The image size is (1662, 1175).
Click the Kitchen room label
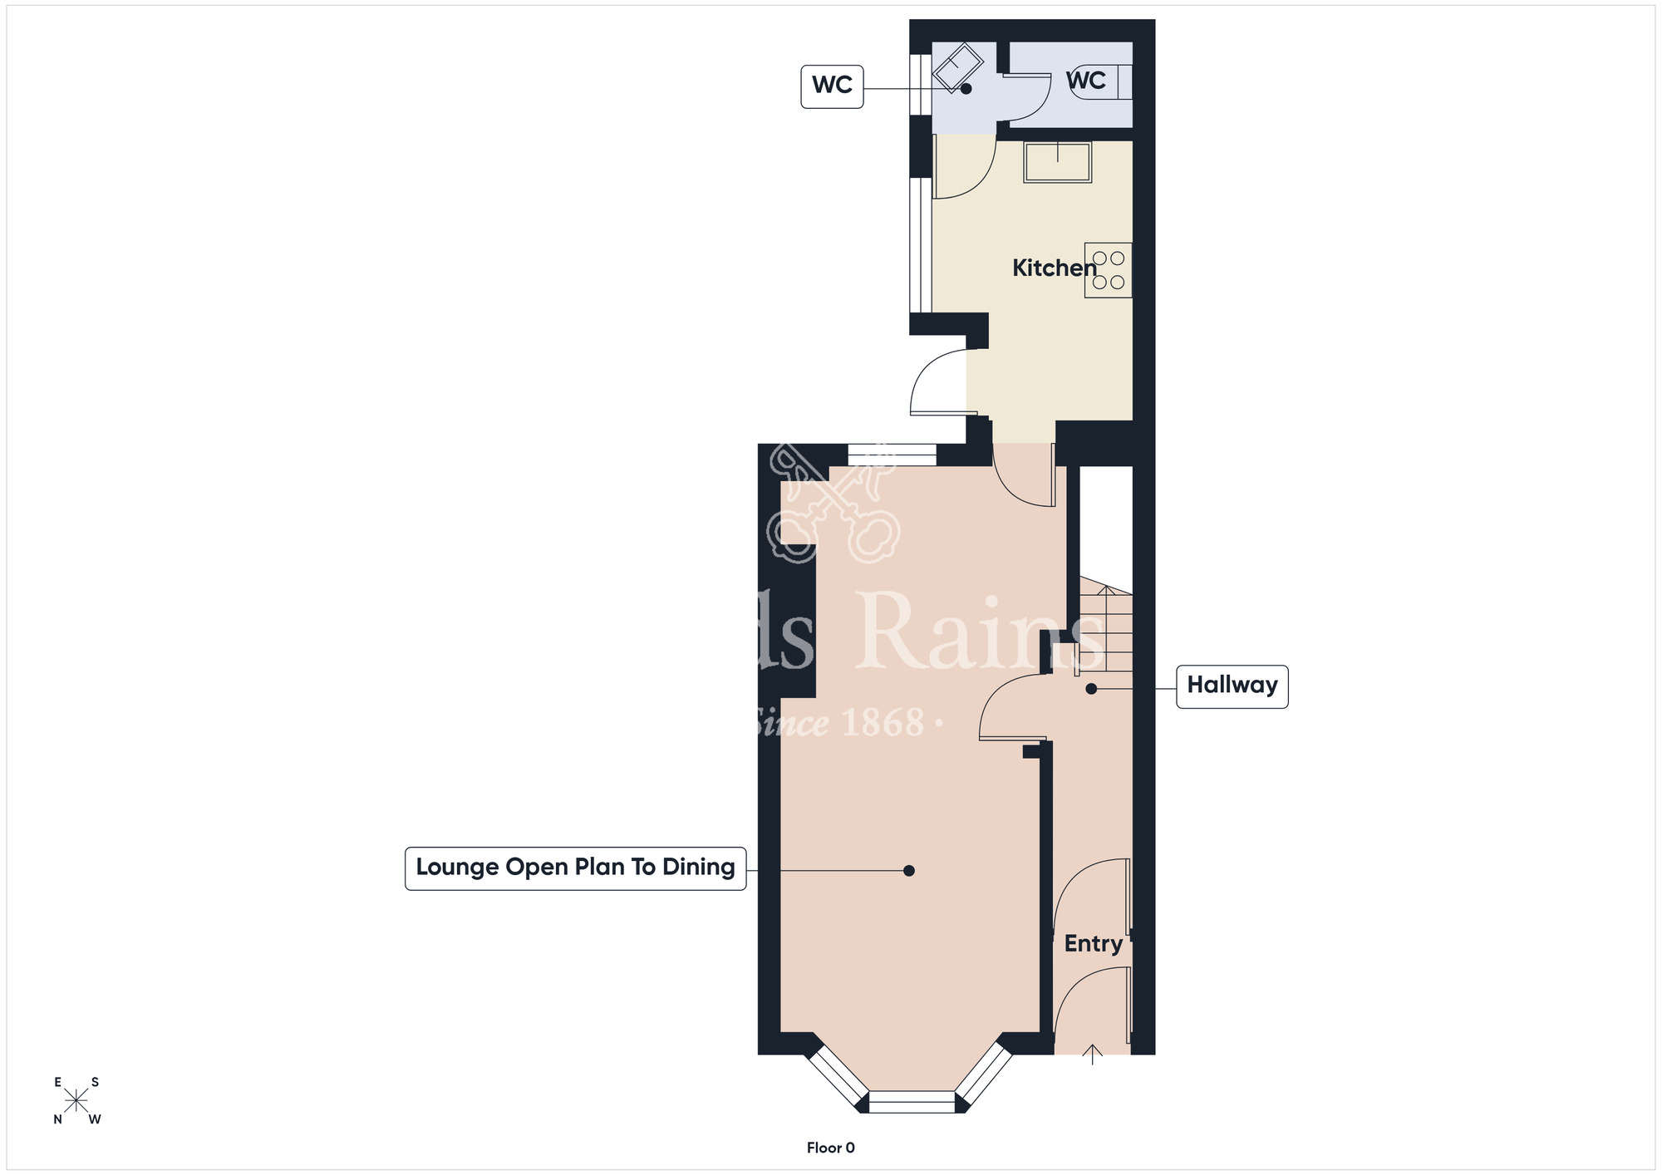click(1054, 268)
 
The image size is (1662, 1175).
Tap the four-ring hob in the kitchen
click(1108, 270)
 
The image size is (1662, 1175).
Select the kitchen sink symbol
click(1057, 162)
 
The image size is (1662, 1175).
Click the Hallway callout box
click(1232, 686)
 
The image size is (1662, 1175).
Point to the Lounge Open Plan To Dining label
click(575, 868)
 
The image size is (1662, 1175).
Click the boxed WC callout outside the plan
click(832, 86)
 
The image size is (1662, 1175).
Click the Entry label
click(1093, 943)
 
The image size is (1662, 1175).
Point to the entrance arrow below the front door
click(1092, 1055)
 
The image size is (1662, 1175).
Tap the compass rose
click(76, 1101)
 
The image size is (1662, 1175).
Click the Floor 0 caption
click(830, 1148)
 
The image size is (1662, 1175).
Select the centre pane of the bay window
click(912, 1102)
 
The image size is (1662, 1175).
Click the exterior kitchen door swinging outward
click(939, 386)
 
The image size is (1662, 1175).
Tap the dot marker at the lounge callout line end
click(909, 870)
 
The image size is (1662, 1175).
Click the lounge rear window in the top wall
click(892, 455)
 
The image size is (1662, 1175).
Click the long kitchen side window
click(920, 244)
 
